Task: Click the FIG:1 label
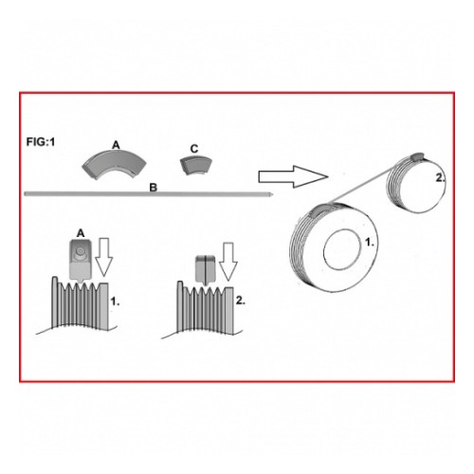pos(41,142)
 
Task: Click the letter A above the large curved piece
pos(117,145)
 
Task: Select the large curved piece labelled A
pos(115,164)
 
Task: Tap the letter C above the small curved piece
pos(194,149)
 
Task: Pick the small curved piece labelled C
pos(196,165)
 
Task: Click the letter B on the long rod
pos(154,188)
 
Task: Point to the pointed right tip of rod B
pos(272,194)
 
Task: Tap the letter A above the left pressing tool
pos(81,233)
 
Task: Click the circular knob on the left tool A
pos(79,252)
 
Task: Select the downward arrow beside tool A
pos(104,258)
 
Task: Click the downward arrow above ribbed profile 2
pos(228,262)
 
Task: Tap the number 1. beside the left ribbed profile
pos(115,301)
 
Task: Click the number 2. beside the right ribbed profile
pos(241,301)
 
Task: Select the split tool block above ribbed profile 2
pos(206,270)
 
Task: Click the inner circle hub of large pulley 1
pos(343,249)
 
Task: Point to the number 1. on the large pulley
pos(370,243)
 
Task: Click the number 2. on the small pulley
pos(440,178)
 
